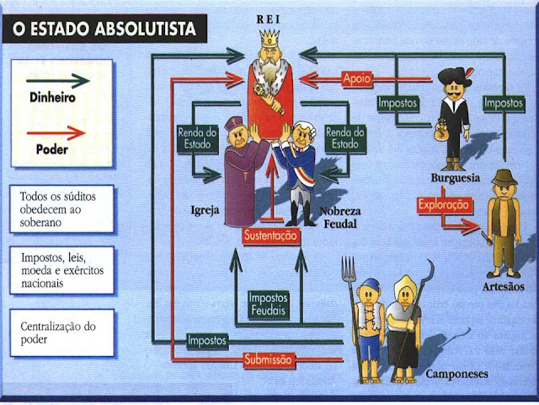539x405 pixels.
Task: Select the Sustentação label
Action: point(269,238)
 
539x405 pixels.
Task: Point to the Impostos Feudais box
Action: point(268,305)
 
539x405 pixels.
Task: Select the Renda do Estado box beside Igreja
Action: point(198,138)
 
